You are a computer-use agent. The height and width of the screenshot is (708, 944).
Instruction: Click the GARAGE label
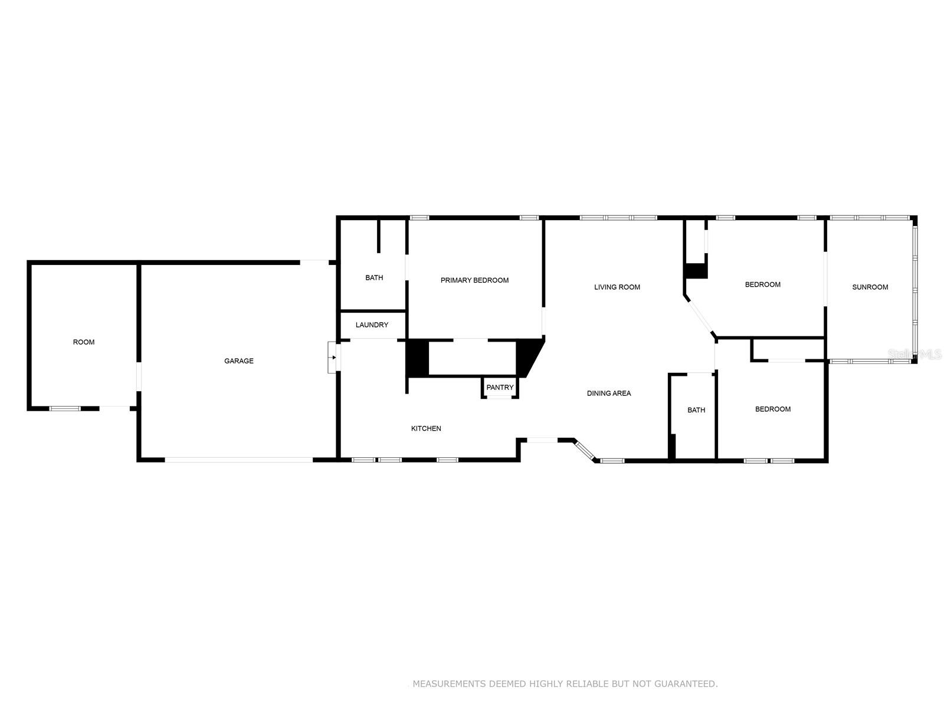tap(238, 361)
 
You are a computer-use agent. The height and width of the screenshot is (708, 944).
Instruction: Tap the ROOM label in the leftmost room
tap(83, 342)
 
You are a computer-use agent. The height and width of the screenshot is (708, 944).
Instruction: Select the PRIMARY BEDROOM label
tap(474, 280)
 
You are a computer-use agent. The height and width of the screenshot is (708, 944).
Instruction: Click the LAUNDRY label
tap(372, 325)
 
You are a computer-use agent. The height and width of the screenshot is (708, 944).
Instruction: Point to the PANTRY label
tap(500, 388)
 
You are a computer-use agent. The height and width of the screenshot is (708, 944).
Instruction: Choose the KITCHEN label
tap(426, 429)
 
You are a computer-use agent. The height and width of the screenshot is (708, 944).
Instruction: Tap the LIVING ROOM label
tap(617, 287)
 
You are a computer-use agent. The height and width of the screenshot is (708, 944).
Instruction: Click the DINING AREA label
tap(609, 394)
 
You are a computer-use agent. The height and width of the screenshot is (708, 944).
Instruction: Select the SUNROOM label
tap(870, 287)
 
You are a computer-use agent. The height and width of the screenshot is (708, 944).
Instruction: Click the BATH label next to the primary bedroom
tap(374, 278)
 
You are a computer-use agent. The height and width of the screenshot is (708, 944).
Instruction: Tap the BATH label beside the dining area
tap(696, 410)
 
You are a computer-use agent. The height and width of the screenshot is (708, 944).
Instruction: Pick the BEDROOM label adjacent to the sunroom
tap(762, 284)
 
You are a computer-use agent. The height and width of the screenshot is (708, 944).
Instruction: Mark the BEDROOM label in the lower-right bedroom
tap(773, 409)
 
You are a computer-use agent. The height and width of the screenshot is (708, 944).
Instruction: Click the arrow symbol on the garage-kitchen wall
tap(333, 357)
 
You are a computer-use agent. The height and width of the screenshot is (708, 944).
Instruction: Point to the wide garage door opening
tap(238, 460)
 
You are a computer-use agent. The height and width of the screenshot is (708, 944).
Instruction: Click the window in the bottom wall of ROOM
tap(65, 408)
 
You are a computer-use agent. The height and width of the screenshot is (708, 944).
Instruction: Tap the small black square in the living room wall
tap(696, 271)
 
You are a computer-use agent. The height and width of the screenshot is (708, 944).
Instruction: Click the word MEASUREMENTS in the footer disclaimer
tap(450, 684)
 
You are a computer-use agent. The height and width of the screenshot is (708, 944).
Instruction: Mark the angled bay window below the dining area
tap(585, 450)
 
